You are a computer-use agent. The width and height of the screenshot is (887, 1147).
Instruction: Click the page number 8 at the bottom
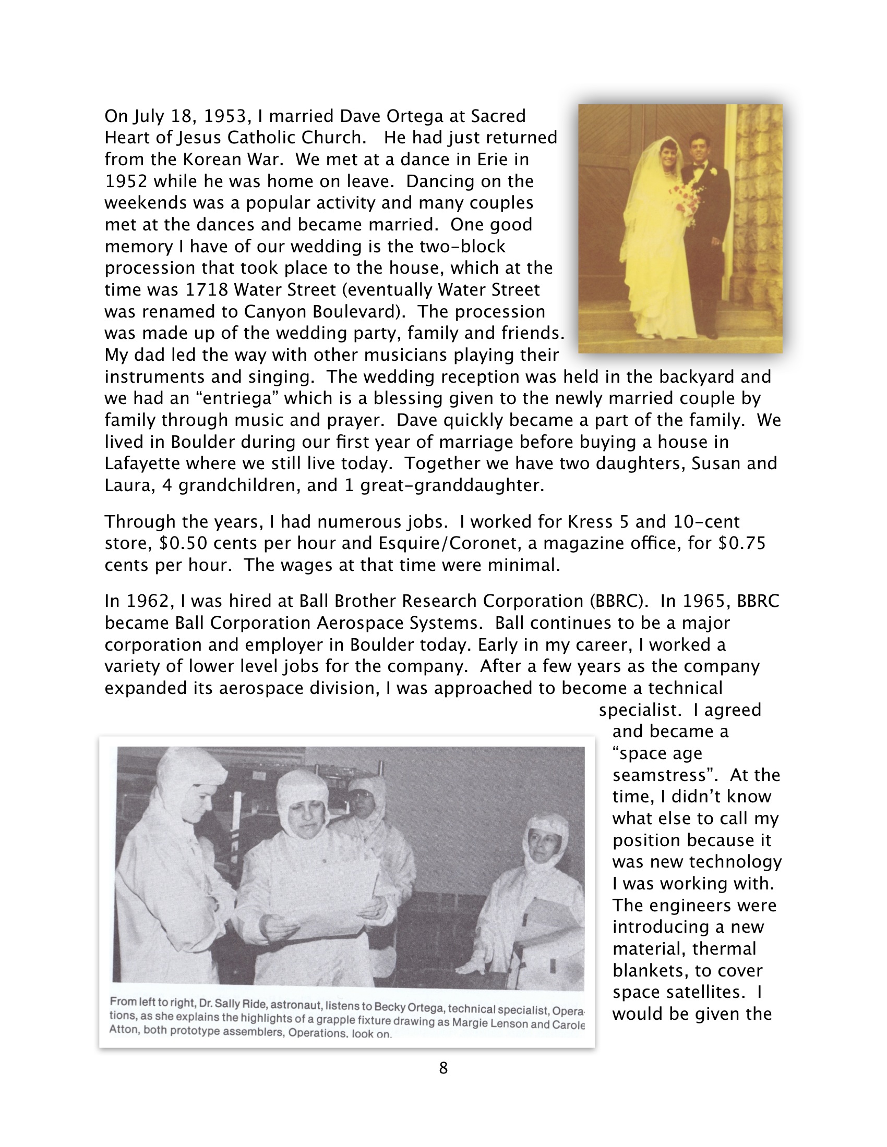[x=443, y=1068]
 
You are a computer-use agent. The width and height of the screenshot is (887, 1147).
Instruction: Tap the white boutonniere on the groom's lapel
[x=713, y=171]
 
